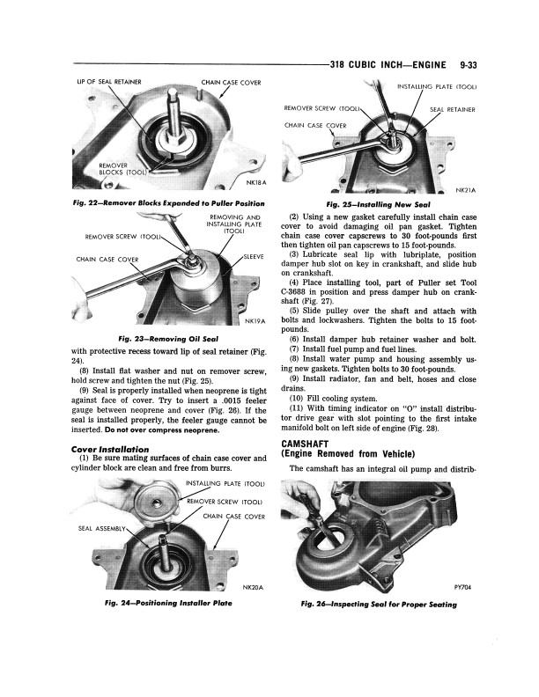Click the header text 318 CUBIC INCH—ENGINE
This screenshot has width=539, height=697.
[x=387, y=64]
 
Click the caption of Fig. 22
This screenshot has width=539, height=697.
[x=151, y=202]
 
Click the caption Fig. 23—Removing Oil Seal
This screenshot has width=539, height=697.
[x=155, y=338]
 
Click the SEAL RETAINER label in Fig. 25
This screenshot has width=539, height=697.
[x=452, y=110]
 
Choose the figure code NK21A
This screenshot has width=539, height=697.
[x=465, y=189]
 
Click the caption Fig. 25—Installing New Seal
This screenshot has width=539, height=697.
[x=376, y=202]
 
